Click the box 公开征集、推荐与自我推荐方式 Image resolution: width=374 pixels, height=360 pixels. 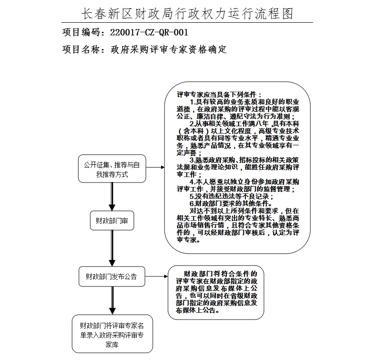pyautogui.click(x=112, y=169)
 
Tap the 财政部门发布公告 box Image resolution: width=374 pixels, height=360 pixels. pyautogui.click(x=112, y=276)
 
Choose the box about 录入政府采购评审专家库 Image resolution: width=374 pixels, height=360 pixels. pyautogui.click(x=112, y=334)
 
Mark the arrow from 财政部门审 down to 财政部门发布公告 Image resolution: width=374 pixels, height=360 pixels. pyautogui.click(x=112, y=248)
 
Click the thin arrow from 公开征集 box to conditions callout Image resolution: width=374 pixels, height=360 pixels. pyautogui.click(x=155, y=168)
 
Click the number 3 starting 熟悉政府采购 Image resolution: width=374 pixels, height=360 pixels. pyautogui.click(x=192, y=160)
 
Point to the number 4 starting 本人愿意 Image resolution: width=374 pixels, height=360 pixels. pyautogui.click(x=192, y=182)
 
